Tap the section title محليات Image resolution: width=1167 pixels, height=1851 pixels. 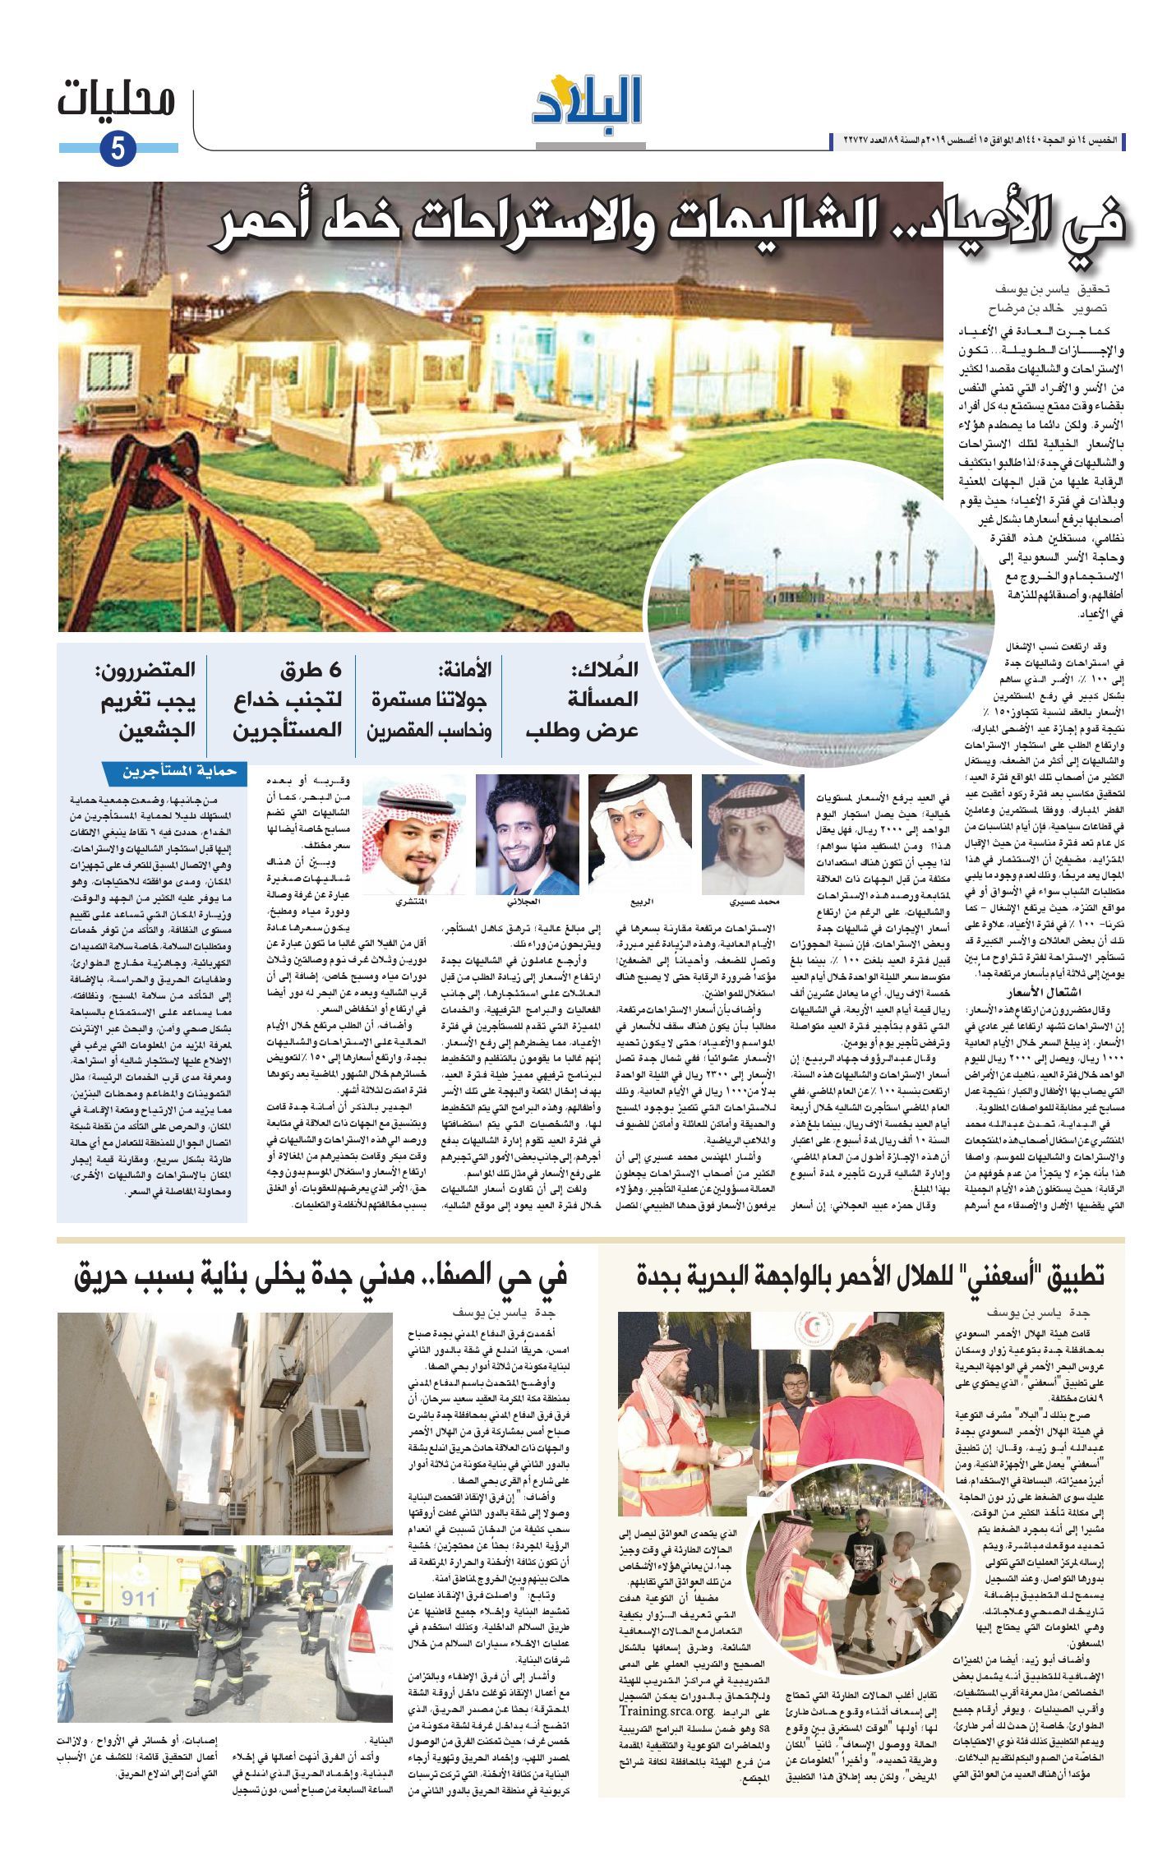point(117,100)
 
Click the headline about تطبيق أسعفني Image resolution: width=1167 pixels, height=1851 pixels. point(871,1276)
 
